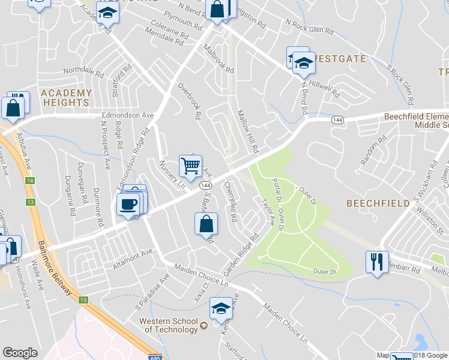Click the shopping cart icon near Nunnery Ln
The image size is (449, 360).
point(190,166)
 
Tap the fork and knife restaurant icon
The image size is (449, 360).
point(376,262)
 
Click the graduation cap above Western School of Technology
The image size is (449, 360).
point(221,308)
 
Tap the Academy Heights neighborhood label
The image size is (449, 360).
point(66,98)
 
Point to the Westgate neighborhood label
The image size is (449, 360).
point(340,59)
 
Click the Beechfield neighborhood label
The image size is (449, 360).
point(378,203)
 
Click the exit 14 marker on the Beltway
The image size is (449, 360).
point(28,181)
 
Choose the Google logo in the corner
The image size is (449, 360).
point(20,353)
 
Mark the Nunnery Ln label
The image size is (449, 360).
point(171,173)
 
